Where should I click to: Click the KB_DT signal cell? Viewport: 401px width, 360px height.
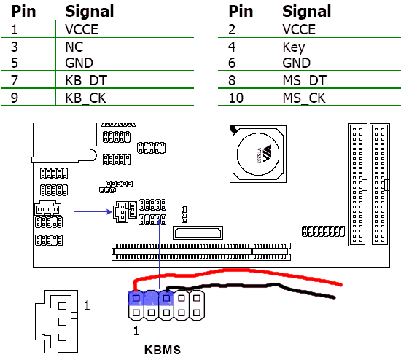coord(86,81)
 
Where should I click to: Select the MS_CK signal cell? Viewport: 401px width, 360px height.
coord(304,98)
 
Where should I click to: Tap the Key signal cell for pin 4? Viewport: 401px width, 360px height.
coord(294,47)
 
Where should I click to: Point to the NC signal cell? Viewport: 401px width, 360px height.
coord(74,47)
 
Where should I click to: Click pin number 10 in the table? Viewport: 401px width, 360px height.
coord(235,98)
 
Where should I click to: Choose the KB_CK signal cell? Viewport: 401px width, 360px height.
coord(86,98)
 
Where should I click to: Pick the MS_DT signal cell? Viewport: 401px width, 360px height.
coord(305,81)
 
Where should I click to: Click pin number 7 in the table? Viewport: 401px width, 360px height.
coord(15,81)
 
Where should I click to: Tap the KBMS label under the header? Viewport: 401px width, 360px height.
coord(163,350)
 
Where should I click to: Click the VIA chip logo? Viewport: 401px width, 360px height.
coord(266,154)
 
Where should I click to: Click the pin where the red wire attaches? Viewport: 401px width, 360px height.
coord(136,298)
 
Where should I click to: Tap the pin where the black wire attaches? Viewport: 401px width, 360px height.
coord(166,298)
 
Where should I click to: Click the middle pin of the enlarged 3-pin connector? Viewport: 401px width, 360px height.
coord(62,321)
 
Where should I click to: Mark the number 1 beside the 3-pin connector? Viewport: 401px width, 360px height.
coord(87,305)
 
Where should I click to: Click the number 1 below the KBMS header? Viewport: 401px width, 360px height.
coord(136,331)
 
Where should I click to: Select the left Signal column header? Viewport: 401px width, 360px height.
coord(89,12)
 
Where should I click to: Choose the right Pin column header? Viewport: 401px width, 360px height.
coord(241,12)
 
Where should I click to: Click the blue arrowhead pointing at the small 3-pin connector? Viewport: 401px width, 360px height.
coord(109,212)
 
